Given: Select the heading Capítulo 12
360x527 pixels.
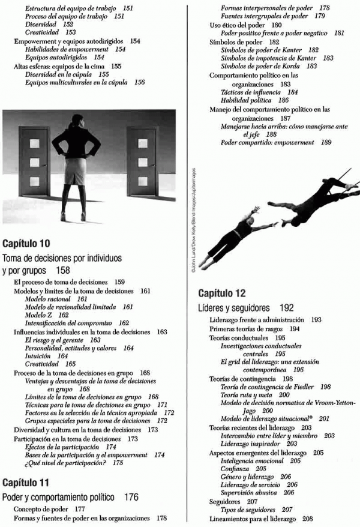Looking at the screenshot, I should click(221, 294).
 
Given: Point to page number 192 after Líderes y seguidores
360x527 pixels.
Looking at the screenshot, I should click(286, 308).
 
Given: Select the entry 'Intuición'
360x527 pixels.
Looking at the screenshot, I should click(38, 356).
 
